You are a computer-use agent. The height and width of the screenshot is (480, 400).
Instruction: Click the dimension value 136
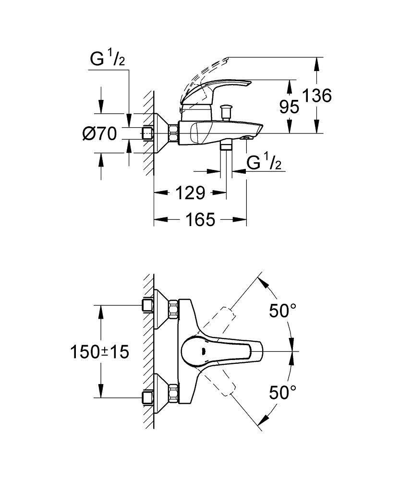(x=318, y=96)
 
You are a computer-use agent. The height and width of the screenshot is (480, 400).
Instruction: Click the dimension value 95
(x=289, y=107)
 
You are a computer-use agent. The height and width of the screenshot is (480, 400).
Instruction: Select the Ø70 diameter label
(x=99, y=134)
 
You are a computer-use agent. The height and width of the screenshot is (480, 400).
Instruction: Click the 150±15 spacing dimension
(x=100, y=352)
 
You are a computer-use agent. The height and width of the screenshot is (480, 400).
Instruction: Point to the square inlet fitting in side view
(x=147, y=133)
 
